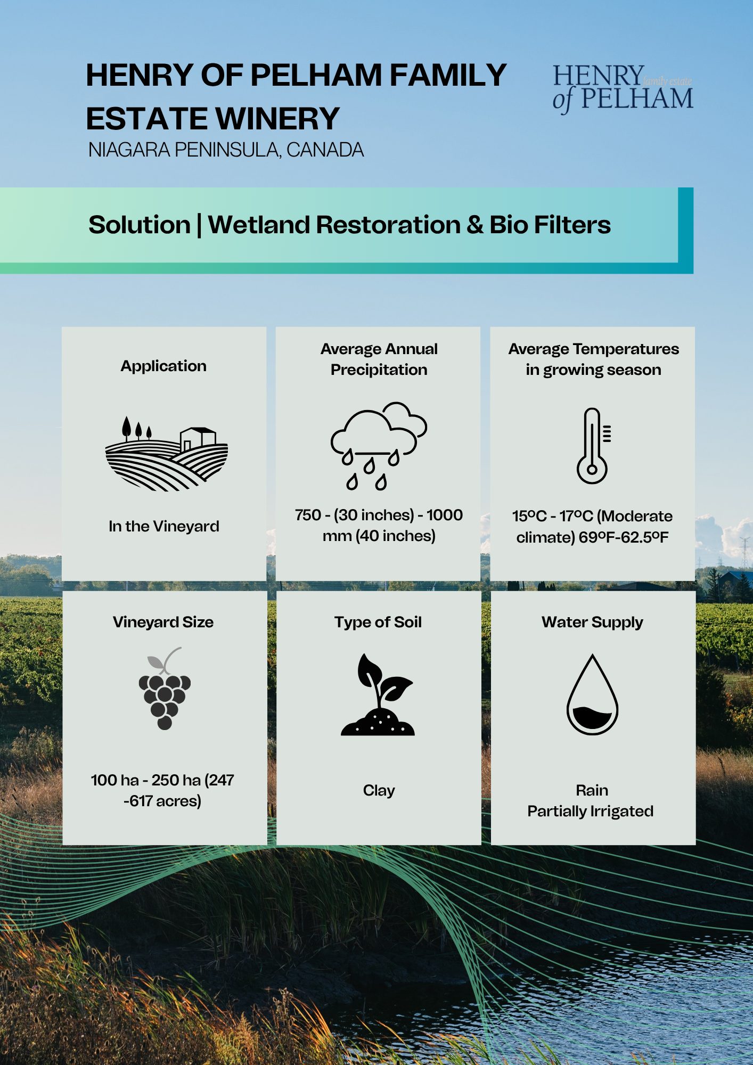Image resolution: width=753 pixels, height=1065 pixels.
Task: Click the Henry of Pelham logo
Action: [623, 88]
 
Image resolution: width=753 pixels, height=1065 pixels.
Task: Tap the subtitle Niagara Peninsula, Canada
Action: [226, 150]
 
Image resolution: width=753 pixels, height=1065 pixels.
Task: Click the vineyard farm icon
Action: [166, 454]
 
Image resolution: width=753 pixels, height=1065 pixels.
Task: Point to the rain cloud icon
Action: [379, 446]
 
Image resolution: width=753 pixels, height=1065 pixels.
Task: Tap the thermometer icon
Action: [593, 446]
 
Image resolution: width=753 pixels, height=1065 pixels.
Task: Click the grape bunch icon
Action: [165, 688]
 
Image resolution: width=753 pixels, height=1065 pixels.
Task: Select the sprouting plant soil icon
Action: [378, 694]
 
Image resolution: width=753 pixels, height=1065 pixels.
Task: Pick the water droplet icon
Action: [592, 694]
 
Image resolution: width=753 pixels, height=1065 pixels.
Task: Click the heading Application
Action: [163, 366]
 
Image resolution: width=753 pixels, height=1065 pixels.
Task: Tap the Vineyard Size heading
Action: [163, 622]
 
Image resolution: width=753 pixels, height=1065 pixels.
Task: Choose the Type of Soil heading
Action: [378, 622]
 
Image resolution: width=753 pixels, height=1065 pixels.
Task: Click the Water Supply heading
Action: [592, 622]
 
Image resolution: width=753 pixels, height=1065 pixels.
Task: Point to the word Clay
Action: [379, 791]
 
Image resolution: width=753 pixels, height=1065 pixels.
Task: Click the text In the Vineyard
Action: [164, 527]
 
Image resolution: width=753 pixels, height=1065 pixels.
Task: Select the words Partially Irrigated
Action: [591, 812]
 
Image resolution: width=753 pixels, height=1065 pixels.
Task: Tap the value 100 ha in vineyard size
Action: [114, 780]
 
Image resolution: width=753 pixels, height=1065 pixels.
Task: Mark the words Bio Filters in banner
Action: [550, 225]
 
